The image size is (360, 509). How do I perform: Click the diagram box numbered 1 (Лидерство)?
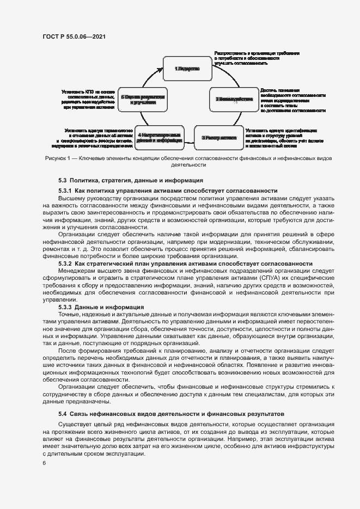187,69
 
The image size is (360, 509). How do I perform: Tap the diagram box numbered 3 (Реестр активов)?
219,138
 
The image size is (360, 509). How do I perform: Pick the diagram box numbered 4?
160,138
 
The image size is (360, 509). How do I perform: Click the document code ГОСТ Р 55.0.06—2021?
74,36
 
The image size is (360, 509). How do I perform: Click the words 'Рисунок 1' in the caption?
57,158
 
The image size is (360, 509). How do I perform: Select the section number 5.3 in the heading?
63,180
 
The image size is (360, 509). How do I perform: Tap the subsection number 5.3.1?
65,191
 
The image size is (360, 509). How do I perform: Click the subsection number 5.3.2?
65,263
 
